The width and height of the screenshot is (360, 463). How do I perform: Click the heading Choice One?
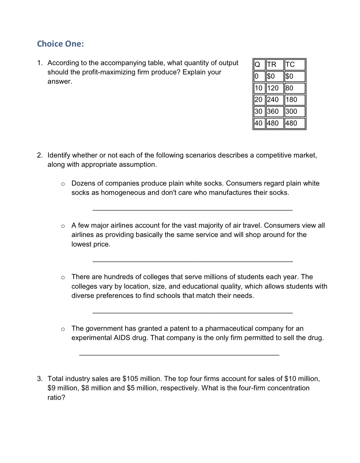[60, 44]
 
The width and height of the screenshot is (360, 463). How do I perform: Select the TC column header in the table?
[290, 65]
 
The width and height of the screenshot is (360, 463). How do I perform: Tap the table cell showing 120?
[273, 88]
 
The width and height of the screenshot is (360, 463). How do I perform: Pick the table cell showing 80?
[289, 88]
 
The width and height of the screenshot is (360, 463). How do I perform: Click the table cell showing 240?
[273, 100]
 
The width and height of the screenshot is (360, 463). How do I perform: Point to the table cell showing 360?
[273, 111]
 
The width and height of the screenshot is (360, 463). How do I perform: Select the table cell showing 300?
[291, 111]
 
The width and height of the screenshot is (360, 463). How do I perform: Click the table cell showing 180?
[291, 100]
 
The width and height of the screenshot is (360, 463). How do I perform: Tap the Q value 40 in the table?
[259, 123]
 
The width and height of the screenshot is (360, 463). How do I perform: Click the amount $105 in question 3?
[130, 379]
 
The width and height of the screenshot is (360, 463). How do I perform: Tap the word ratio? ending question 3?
[56, 398]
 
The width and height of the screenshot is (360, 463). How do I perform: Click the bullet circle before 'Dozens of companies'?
[63, 184]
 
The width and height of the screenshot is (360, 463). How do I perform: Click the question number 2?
[40, 156]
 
